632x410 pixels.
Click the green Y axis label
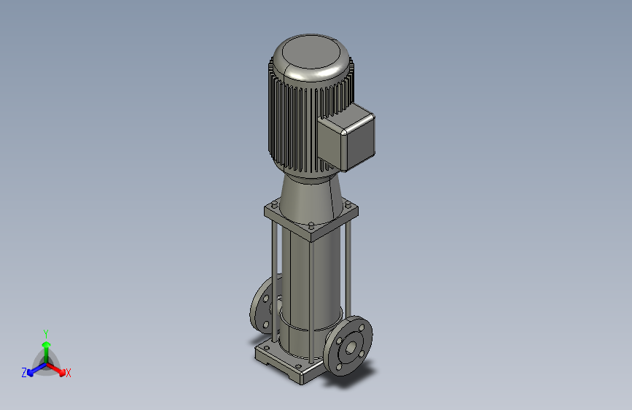click(x=46, y=333)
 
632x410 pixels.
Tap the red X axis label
click(x=68, y=373)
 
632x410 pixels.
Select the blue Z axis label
click(x=24, y=373)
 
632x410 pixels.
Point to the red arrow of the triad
click(x=56, y=369)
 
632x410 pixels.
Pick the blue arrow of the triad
click(x=36, y=369)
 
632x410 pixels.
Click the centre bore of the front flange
click(x=351, y=347)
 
